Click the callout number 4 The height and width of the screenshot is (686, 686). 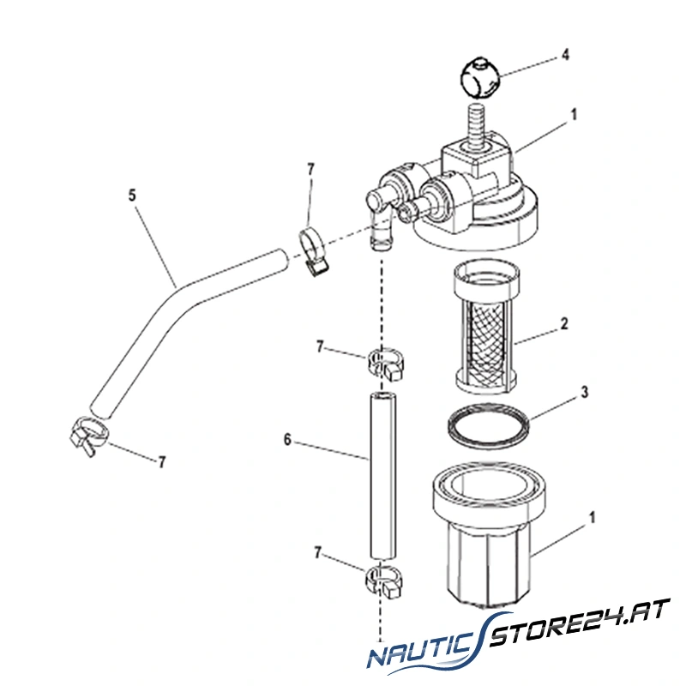pyautogui.click(x=566, y=55)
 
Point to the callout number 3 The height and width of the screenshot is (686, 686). pyautogui.click(x=583, y=393)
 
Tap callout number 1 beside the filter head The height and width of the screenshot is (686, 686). pyautogui.click(x=575, y=112)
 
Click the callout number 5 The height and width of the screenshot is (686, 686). pyautogui.click(x=132, y=195)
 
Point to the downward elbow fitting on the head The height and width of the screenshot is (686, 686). pyautogui.click(x=378, y=223)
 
